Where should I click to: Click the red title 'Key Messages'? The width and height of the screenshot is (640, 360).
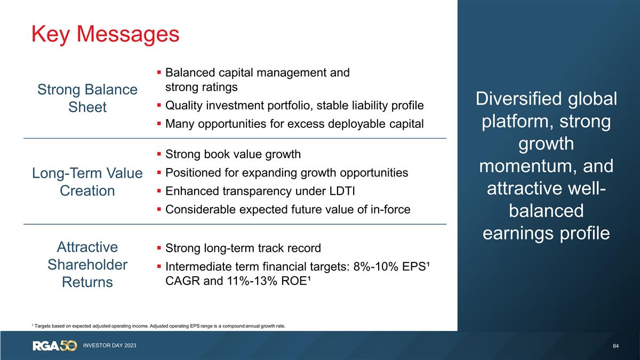pos(106,34)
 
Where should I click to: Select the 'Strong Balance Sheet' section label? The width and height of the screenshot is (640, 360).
pos(87,98)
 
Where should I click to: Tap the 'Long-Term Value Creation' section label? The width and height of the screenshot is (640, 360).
pos(87,182)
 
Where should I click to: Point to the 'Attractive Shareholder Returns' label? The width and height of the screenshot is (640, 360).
pos(87,265)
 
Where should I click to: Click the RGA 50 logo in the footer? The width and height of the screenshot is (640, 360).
pos(55,346)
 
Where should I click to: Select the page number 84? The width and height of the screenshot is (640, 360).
pos(616,346)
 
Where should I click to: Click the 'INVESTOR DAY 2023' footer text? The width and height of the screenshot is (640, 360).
pos(109,346)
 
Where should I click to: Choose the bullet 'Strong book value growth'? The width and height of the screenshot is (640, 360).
pos(233,154)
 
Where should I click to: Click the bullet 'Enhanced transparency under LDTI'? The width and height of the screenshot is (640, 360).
pos(260,191)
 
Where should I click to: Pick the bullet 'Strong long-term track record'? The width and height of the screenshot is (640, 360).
pos(243,248)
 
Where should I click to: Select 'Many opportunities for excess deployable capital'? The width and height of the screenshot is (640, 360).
pos(294,124)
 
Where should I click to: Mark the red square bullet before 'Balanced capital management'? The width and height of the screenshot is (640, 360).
pos(159,73)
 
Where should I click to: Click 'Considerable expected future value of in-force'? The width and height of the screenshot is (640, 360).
pos(288,210)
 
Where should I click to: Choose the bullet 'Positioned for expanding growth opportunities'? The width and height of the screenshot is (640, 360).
pos(287,173)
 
